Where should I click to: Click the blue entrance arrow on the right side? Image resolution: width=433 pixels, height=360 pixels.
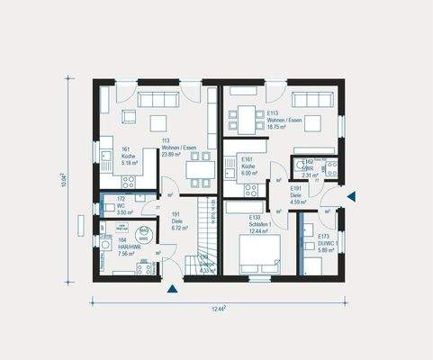point(352,195)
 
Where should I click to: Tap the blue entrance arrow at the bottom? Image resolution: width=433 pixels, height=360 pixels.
point(171,289)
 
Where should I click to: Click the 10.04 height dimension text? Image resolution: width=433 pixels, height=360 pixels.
point(64,179)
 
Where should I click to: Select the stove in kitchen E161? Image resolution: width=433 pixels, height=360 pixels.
point(252,189)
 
